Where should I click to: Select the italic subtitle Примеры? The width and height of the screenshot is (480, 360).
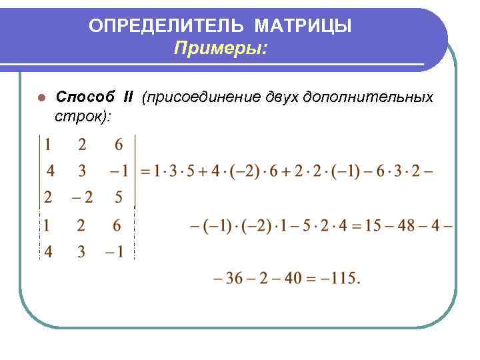pos(221,48)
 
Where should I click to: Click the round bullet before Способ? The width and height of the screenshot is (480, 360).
pos(41,98)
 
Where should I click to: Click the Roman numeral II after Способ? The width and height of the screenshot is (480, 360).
pos(129,98)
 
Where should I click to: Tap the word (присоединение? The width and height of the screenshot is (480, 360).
pos(194,98)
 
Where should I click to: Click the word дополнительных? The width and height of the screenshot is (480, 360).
pos(368,98)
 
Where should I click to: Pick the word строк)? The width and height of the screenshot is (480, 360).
pos(83,116)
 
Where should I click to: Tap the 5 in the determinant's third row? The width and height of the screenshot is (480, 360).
pos(119,198)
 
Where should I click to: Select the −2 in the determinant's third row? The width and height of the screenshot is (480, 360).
pos(82,198)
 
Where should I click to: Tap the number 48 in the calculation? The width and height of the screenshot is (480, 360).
pos(406,226)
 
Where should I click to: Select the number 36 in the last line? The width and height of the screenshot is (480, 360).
pos(234,278)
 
